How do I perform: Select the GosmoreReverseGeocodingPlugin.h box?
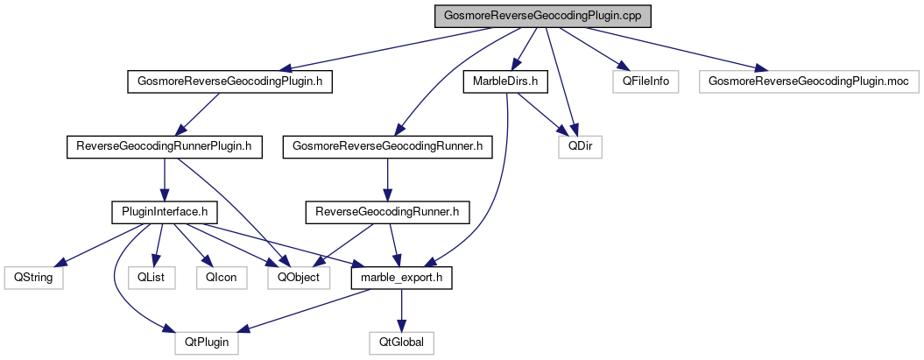click(x=231, y=81)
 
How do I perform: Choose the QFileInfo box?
click(x=645, y=81)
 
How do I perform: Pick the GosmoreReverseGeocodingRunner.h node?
click(x=388, y=146)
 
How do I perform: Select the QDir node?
click(x=580, y=146)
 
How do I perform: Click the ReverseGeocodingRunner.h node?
click(x=388, y=211)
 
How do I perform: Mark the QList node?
click(x=152, y=277)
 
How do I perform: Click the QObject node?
click(x=299, y=277)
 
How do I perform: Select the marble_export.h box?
click(x=401, y=277)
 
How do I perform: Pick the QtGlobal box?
click(x=401, y=342)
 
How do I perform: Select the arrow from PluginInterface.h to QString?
click(x=99, y=244)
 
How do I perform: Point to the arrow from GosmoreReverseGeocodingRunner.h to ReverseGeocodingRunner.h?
click(x=388, y=179)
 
